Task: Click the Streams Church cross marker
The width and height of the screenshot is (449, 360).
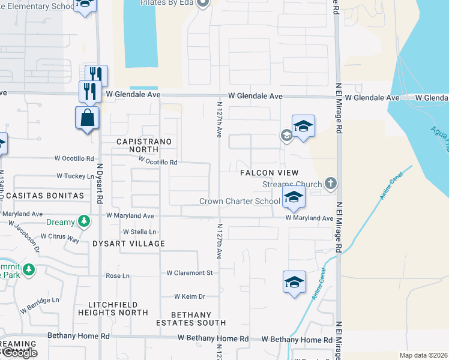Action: (x=330, y=182)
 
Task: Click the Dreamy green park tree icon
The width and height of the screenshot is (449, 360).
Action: (x=85, y=222)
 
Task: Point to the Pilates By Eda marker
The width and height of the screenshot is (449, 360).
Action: (x=203, y=4)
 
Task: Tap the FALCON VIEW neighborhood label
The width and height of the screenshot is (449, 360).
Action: (x=270, y=173)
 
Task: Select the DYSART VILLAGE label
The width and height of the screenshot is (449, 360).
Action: (x=128, y=244)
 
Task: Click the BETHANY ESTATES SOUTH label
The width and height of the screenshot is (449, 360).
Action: (x=191, y=319)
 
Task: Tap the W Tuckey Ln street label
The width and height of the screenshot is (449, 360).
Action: (x=76, y=176)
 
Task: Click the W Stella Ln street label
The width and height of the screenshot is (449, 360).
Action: (x=139, y=232)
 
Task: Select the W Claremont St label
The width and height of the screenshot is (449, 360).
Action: (x=190, y=273)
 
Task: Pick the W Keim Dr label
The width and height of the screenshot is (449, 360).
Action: (x=190, y=296)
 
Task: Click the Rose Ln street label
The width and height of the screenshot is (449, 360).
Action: (x=118, y=276)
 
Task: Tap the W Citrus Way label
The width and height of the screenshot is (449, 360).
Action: (x=64, y=239)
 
